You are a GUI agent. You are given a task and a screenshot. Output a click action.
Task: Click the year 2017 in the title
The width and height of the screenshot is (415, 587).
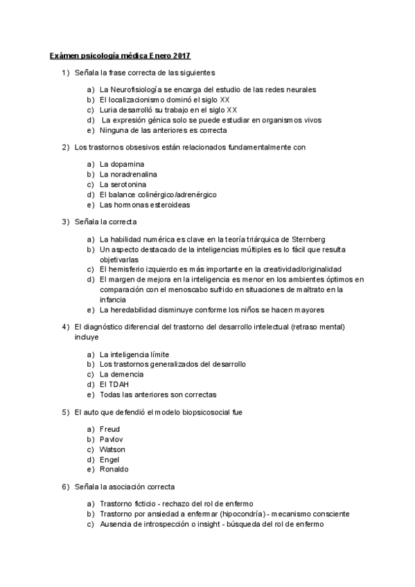tap(181, 55)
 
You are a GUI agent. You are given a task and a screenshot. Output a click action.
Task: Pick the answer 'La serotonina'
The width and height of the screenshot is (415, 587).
tap(123, 184)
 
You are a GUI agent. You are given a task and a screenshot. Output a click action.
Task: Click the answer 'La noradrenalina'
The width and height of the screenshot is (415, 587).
tap(128, 174)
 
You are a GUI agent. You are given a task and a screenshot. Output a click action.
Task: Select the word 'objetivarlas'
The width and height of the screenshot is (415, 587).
tap(120, 259)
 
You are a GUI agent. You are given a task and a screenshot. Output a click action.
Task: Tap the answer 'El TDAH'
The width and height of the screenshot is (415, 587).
tap(114, 384)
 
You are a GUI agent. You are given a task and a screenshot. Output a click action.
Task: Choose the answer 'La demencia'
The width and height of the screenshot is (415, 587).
tap(121, 374)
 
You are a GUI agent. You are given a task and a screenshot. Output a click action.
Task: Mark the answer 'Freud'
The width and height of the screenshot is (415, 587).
tap(111, 429)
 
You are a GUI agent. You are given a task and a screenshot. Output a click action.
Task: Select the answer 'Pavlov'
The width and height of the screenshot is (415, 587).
tap(112, 439)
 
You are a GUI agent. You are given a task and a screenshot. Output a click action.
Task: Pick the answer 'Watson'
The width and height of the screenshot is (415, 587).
tap(113, 449)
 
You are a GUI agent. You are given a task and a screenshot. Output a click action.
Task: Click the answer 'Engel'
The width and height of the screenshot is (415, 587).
tap(111, 459)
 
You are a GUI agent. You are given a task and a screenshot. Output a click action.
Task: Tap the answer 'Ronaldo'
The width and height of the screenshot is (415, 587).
tap(114, 469)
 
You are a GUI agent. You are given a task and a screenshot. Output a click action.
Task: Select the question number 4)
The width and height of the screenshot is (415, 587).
tap(66, 327)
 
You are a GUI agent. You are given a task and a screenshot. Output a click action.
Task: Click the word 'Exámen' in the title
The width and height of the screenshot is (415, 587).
tap(64, 55)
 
